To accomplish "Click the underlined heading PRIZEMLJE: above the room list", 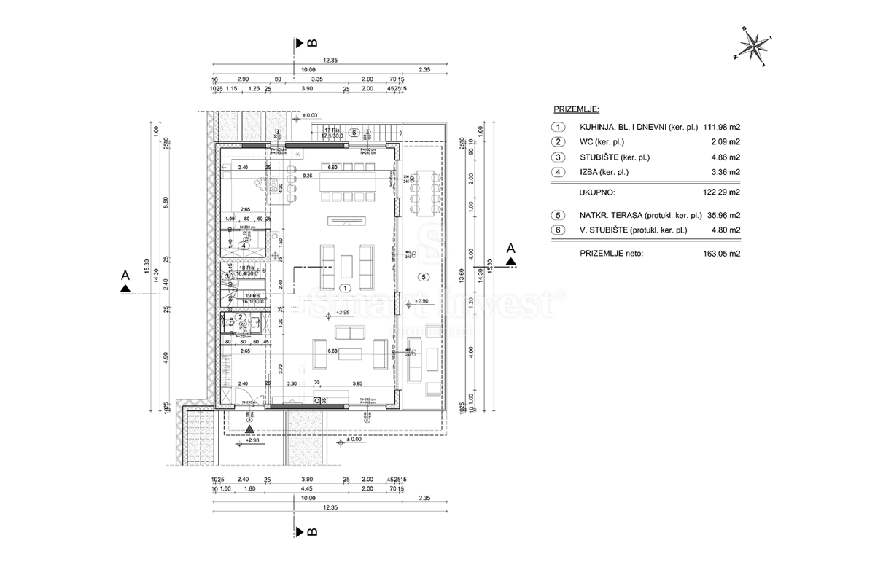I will (x=576, y=109).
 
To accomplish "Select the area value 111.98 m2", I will (x=718, y=126).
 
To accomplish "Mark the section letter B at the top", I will (x=311, y=43).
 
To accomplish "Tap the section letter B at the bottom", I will (x=311, y=531).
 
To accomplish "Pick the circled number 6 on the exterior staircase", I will (x=354, y=133).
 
